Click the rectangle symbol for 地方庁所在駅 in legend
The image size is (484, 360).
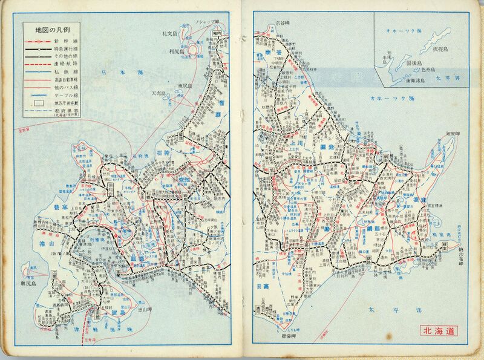38,103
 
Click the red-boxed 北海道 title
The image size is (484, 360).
440,330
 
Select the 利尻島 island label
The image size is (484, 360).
174,53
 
